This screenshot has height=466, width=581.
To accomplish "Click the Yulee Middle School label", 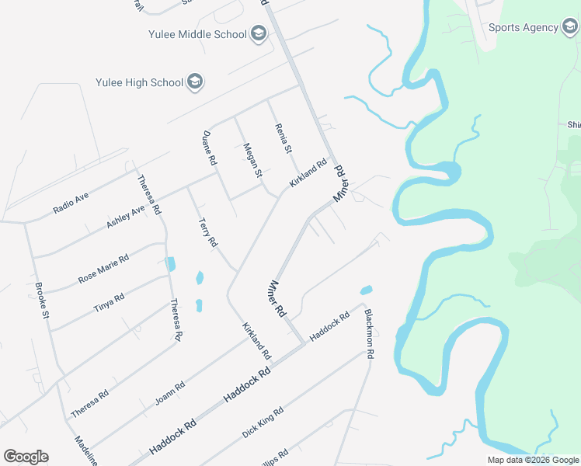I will click(197, 34).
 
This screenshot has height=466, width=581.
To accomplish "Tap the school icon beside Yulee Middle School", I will click(259, 34).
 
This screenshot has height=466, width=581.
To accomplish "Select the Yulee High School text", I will click(139, 82).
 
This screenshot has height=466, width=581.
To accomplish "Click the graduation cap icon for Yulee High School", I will click(196, 82).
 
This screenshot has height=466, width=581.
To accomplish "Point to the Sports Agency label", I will click(523, 28).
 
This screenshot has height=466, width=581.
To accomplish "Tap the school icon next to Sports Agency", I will click(571, 28).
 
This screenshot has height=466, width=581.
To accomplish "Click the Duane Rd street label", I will click(208, 148).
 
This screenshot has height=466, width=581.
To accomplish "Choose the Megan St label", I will click(252, 161).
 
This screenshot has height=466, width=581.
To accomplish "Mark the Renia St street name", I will click(283, 138).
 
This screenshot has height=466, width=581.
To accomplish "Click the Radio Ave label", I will click(71, 203).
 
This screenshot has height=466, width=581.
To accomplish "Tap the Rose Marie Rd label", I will click(103, 269).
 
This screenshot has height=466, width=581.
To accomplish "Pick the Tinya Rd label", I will click(109, 300).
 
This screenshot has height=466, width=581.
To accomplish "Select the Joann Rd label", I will click(170, 393).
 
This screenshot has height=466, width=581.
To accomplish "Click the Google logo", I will click(26, 457).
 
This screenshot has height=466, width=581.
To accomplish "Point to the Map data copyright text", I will click(533, 460).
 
